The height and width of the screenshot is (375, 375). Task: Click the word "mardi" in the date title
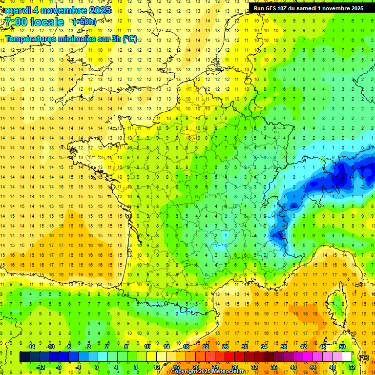click(x=17, y=10)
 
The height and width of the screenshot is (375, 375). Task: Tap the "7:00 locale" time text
click(x=34, y=22)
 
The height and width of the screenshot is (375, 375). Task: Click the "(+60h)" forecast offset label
click(x=84, y=22)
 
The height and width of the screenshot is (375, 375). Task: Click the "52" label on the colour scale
click(x=352, y=367)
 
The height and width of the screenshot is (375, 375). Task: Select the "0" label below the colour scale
click(x=97, y=367)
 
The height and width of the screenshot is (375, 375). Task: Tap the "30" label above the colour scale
click(x=244, y=347)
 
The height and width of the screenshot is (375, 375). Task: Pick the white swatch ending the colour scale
click(x=347, y=356)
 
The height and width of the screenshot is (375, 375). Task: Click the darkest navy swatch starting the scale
click(x=25, y=356)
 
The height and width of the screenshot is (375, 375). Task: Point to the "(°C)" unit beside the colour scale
click(x=363, y=357)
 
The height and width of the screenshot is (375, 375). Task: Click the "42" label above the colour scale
click(x=303, y=347)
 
